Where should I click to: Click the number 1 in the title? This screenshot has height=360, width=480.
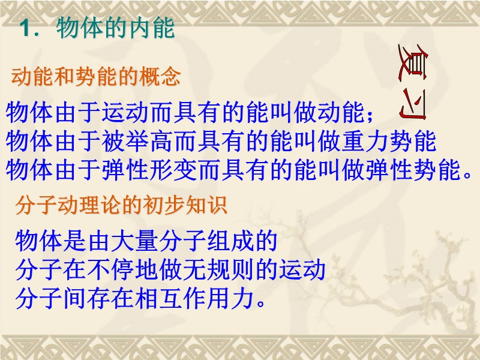(26, 29)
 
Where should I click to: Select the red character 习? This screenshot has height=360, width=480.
(413, 104)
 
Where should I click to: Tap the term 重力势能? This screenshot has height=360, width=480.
(389, 141)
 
